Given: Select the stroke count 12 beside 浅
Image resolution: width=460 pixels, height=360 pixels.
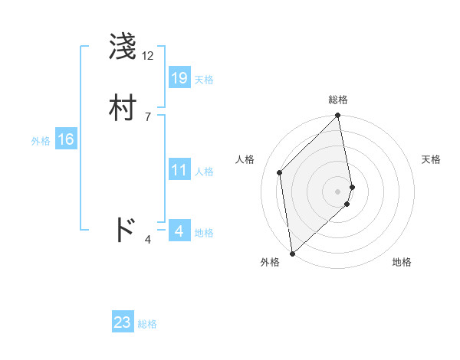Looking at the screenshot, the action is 147,56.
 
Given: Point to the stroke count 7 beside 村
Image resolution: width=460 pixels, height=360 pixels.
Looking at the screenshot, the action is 147,116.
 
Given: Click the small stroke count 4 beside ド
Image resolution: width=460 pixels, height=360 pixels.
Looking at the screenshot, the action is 147,240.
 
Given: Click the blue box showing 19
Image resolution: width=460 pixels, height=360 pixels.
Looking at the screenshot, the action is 179,77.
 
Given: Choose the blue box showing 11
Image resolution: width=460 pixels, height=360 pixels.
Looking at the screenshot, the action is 179,170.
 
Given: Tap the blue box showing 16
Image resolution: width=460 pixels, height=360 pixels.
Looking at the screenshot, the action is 66,139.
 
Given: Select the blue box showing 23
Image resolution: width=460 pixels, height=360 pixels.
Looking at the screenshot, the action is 123,322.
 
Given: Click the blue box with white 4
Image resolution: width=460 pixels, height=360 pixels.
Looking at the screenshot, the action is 179,231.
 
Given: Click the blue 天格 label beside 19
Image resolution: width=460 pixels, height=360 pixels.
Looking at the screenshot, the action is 204,80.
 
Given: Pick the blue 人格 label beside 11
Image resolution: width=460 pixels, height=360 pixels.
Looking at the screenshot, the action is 204,172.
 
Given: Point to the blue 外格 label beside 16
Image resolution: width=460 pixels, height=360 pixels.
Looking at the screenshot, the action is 41,141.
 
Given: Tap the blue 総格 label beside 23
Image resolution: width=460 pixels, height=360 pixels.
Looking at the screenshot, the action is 147,324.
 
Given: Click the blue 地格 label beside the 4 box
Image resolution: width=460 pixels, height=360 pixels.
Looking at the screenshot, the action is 204,233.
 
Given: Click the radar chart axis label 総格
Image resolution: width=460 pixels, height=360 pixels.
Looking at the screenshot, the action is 338,100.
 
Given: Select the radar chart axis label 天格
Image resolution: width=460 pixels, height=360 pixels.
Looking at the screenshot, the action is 431,159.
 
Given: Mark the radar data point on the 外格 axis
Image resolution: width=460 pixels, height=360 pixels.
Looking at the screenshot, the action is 292,253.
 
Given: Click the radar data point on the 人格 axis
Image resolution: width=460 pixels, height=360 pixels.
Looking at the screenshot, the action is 280,172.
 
